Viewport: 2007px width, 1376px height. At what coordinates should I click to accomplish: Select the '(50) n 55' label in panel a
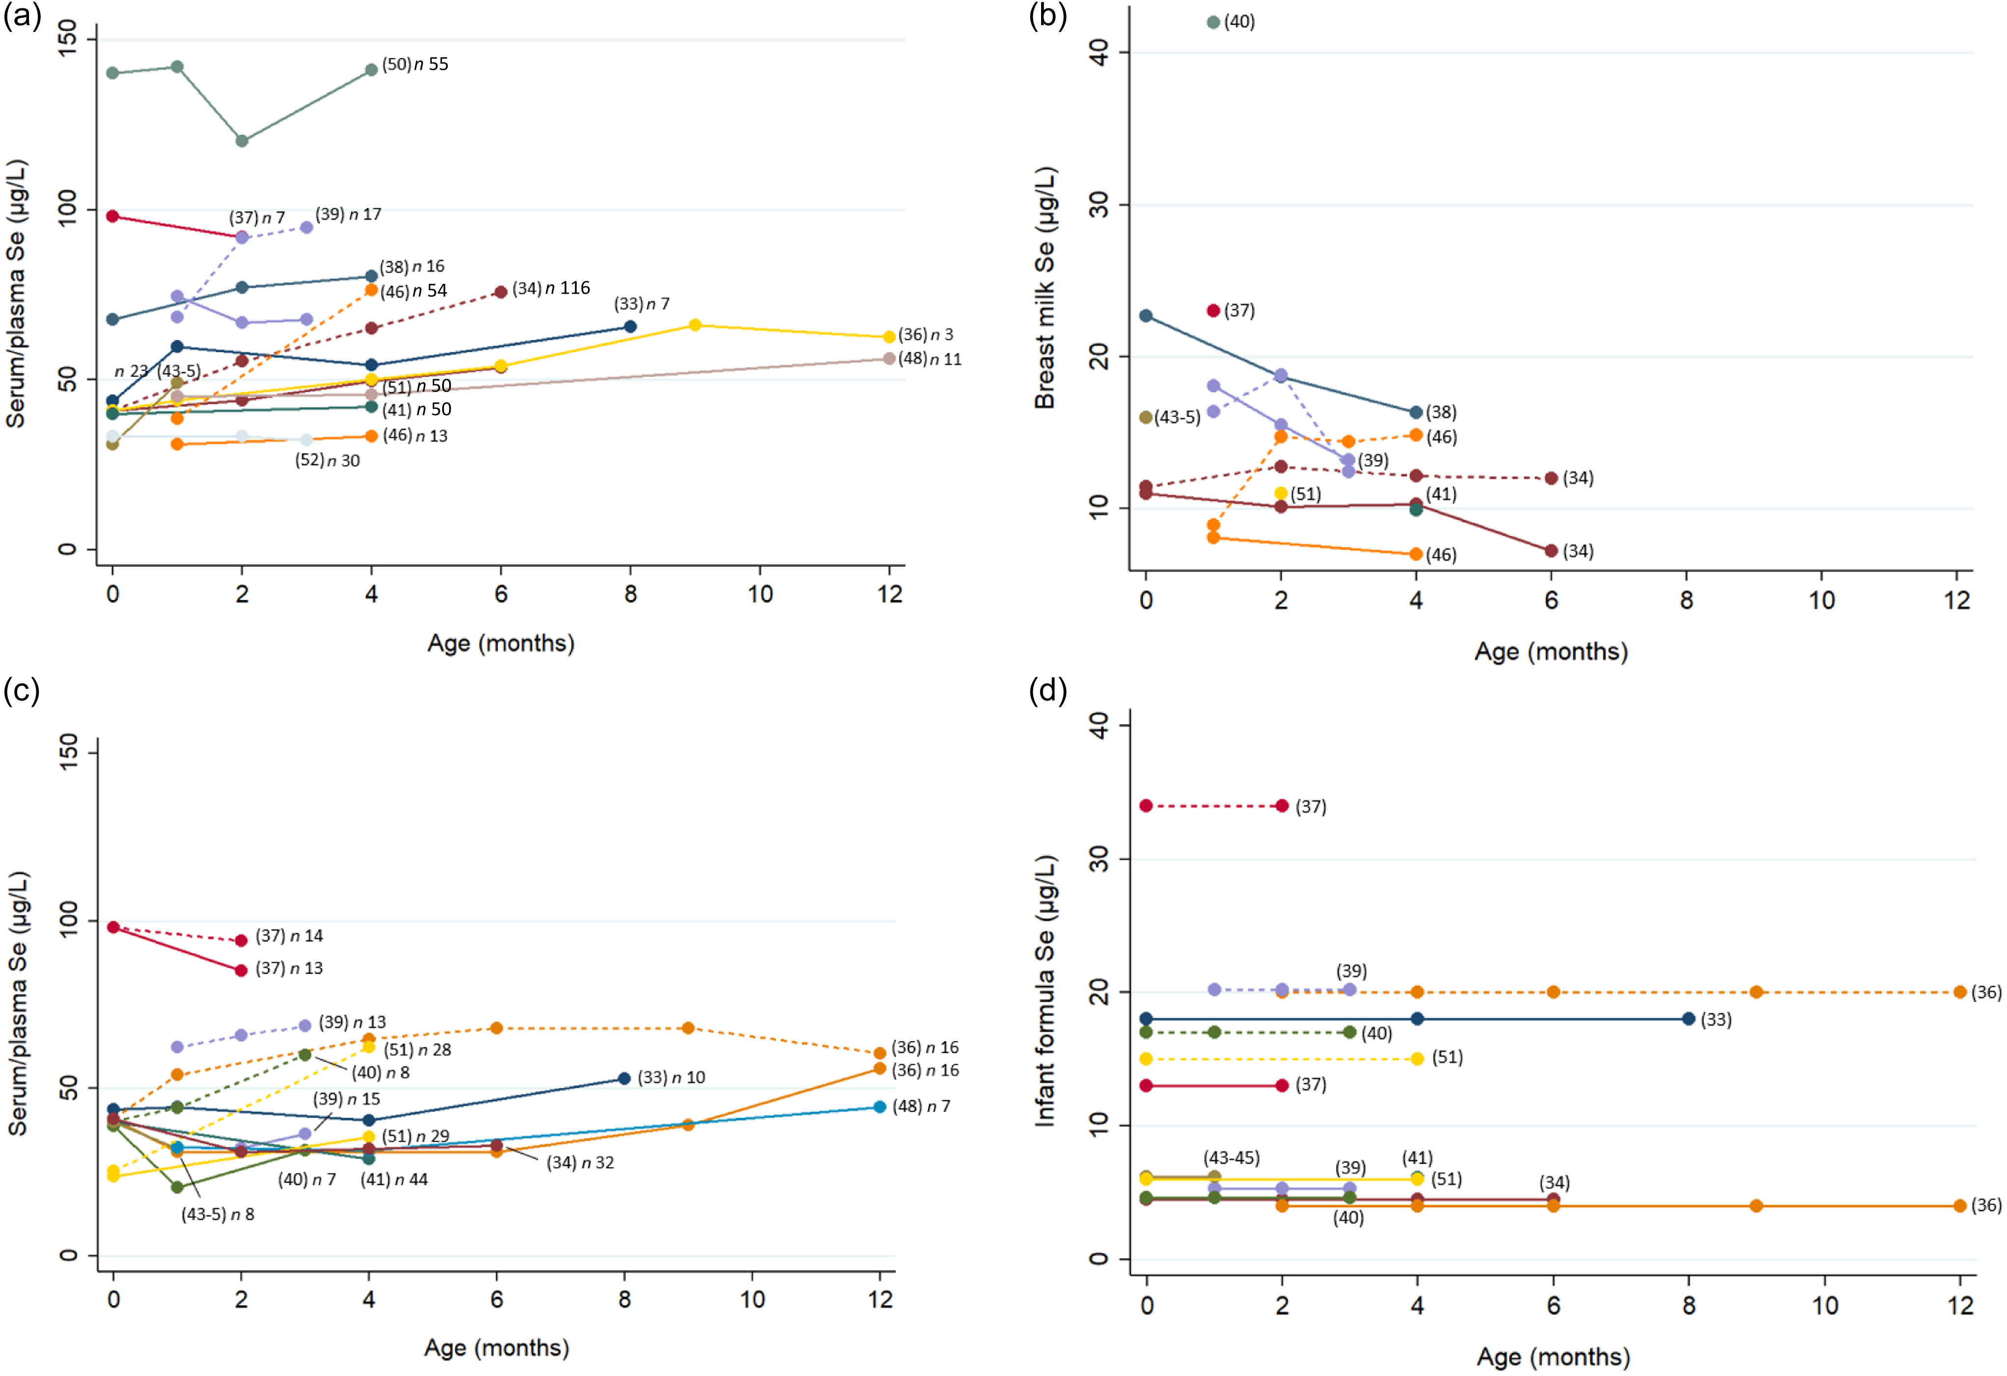click(415, 64)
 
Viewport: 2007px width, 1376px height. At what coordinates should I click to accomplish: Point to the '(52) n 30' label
click(327, 460)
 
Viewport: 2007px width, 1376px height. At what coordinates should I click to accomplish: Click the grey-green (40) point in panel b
click(1214, 23)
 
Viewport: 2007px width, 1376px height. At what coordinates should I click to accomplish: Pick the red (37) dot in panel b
click(1214, 311)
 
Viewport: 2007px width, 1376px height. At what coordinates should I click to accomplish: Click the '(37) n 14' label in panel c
click(289, 936)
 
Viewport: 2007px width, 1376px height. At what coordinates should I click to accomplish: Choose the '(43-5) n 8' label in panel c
click(218, 1214)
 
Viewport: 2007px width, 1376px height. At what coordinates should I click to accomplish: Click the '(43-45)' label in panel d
click(1232, 1157)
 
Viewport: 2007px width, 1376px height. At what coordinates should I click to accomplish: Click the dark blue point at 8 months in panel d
click(1688, 1019)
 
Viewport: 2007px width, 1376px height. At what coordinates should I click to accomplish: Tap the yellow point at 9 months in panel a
click(695, 325)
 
